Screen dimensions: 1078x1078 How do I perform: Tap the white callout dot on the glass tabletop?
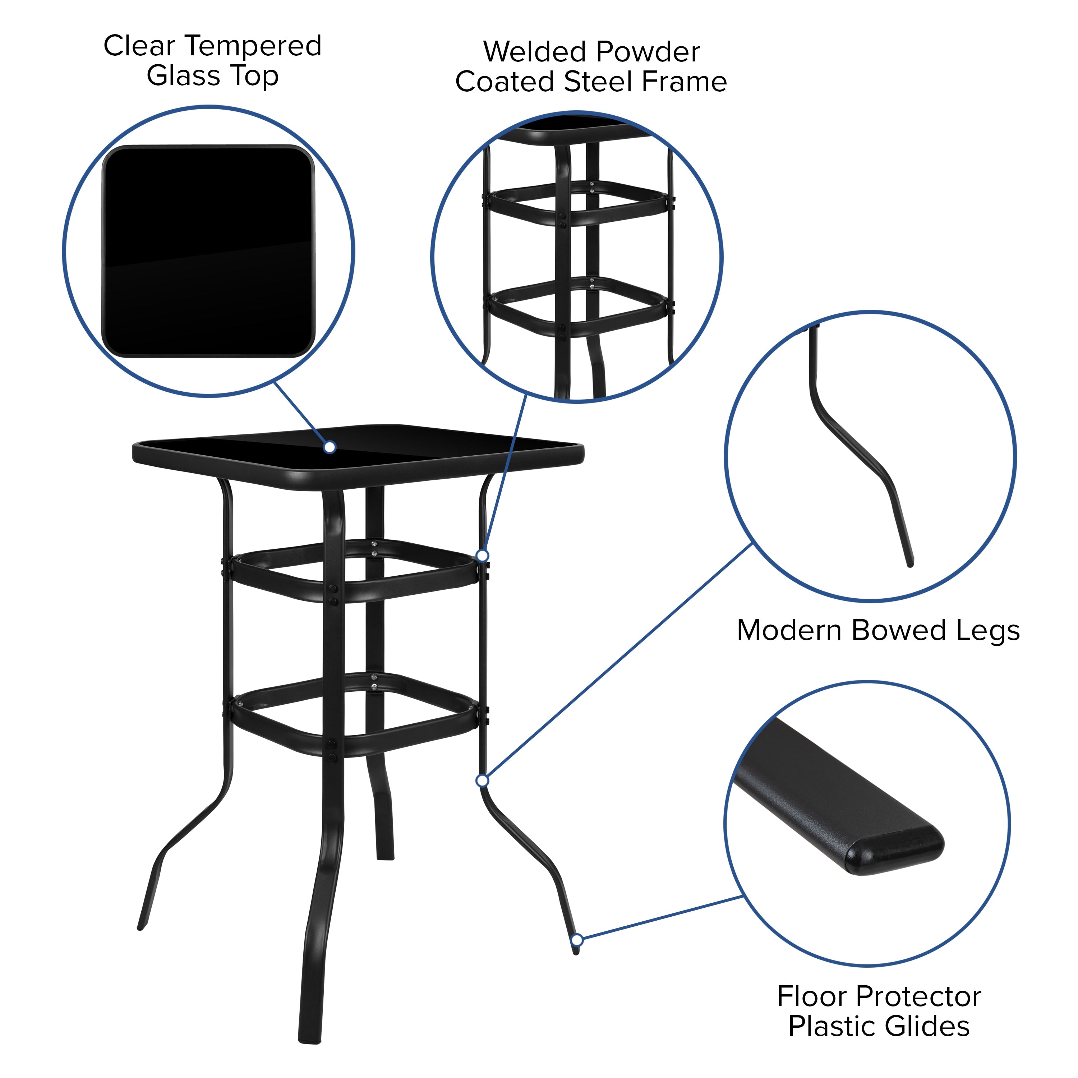[330, 447]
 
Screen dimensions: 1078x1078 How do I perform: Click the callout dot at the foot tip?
[577, 940]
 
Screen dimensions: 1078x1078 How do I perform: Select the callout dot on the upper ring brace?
[483, 555]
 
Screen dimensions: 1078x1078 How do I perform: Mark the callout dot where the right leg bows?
[483, 780]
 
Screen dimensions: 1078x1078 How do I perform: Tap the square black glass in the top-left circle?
[208, 251]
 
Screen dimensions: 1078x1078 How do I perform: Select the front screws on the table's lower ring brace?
[332, 751]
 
